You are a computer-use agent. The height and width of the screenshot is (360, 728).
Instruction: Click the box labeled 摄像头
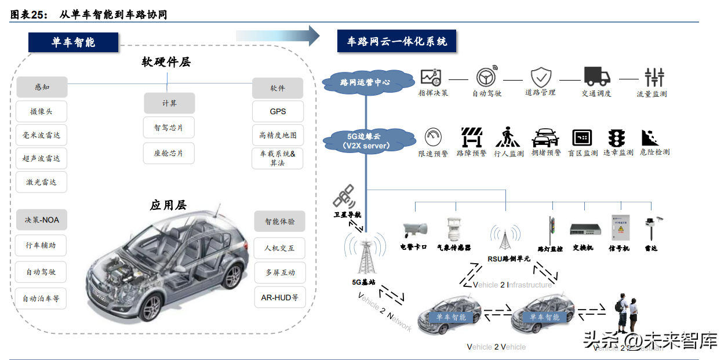click(42, 111)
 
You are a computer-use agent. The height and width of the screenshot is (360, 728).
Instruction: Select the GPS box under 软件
click(278, 111)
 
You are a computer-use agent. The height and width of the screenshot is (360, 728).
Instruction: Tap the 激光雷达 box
click(42, 182)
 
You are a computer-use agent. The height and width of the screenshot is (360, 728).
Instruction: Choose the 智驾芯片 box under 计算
click(169, 128)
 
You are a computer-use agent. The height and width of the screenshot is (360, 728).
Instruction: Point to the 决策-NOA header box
click(42, 220)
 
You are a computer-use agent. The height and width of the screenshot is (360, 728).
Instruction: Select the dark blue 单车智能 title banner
click(73, 42)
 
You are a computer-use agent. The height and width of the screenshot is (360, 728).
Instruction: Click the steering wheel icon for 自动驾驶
click(486, 77)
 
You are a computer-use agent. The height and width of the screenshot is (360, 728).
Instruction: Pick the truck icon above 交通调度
click(596, 76)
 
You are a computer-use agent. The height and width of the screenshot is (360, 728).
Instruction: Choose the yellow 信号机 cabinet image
click(618, 227)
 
